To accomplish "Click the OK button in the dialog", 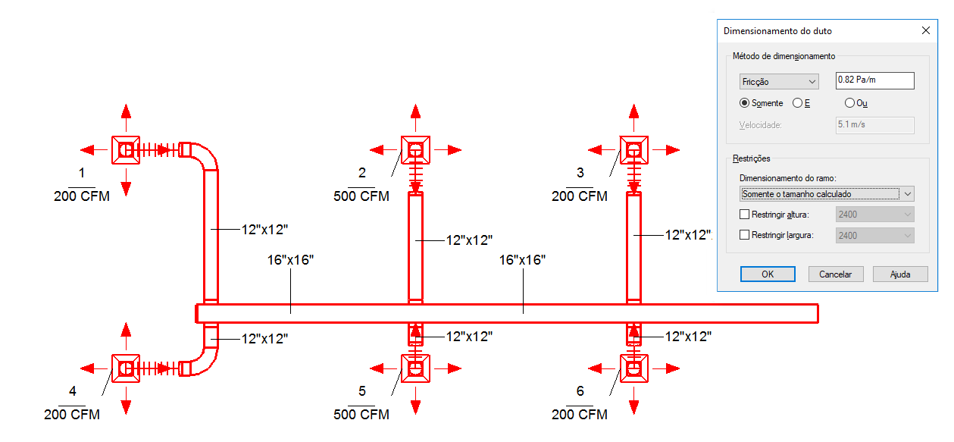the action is pyautogui.click(x=768, y=274).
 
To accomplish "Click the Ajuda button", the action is pyautogui.click(x=900, y=274).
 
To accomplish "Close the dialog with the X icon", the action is pyautogui.click(x=925, y=30).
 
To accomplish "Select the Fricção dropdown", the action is pyautogui.click(x=779, y=81).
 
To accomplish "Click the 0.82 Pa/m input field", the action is pyautogui.click(x=874, y=80).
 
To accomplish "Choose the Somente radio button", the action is pyautogui.click(x=744, y=103).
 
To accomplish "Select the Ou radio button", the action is pyautogui.click(x=849, y=103).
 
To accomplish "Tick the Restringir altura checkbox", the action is pyautogui.click(x=744, y=215).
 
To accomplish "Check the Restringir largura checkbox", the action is pyautogui.click(x=744, y=235).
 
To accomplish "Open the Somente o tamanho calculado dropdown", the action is pyautogui.click(x=826, y=194).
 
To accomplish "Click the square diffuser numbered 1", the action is pyautogui.click(x=126, y=150).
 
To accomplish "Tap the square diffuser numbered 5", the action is pyautogui.click(x=416, y=368).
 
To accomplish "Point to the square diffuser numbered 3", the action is pyautogui.click(x=633, y=150).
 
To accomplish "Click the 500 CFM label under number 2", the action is pyautogui.click(x=361, y=196).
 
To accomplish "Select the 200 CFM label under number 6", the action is pyautogui.click(x=579, y=414).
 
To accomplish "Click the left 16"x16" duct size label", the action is pyautogui.click(x=290, y=260).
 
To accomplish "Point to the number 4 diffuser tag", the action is pyautogui.click(x=73, y=391).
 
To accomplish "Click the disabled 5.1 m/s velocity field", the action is pyautogui.click(x=874, y=125).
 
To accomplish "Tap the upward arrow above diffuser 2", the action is pyautogui.click(x=416, y=118).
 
